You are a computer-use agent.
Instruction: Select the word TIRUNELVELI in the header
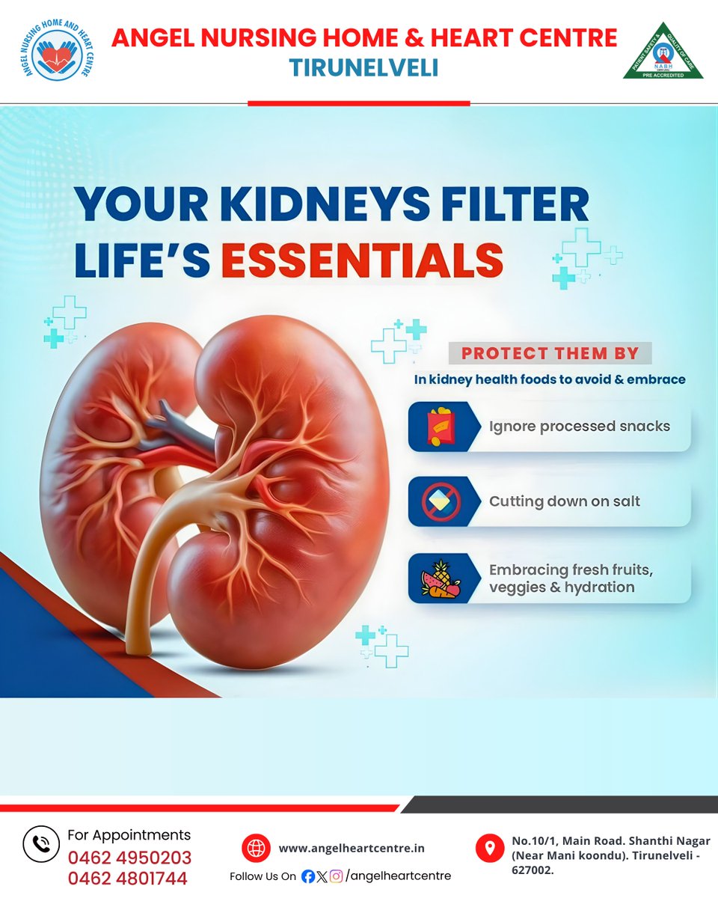[363, 68]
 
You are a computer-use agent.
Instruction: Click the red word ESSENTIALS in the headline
[362, 260]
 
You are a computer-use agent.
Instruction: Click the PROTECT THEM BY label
[550, 353]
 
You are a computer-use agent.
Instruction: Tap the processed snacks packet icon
[436, 427]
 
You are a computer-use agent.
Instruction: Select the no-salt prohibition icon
[436, 501]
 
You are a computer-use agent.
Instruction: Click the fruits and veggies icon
[436, 578]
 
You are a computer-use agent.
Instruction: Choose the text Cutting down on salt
[565, 501]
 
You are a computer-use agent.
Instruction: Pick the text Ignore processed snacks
[580, 427]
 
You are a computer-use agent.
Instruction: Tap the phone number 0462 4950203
[130, 858]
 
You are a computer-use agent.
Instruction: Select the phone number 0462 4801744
[128, 879]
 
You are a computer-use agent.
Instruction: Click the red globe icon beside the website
[256, 849]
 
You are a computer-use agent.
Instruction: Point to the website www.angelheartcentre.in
[352, 849]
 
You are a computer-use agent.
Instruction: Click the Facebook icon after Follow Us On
[307, 876]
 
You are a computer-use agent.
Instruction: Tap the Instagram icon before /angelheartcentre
[337, 876]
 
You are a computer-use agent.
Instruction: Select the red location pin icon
[490, 849]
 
